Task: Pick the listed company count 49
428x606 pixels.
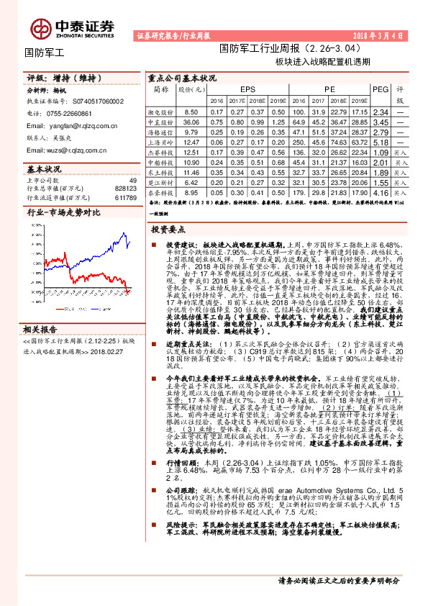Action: point(132,179)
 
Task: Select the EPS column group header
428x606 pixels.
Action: point(248,89)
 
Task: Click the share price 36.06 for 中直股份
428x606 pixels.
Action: point(191,123)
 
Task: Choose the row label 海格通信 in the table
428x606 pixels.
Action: point(160,133)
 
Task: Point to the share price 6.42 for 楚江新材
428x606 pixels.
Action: point(191,183)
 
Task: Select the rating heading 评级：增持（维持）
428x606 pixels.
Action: point(63,78)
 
